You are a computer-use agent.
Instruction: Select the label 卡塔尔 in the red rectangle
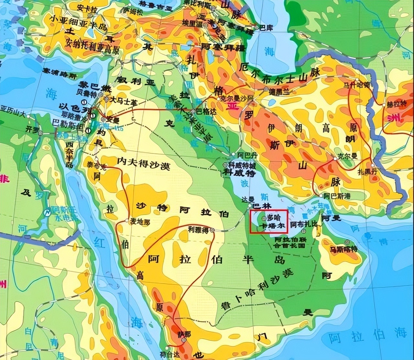(273, 226)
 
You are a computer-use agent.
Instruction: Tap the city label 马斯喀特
(343, 249)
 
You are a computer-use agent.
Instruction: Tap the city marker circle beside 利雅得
(212, 230)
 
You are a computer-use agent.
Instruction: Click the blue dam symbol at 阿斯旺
(47, 213)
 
